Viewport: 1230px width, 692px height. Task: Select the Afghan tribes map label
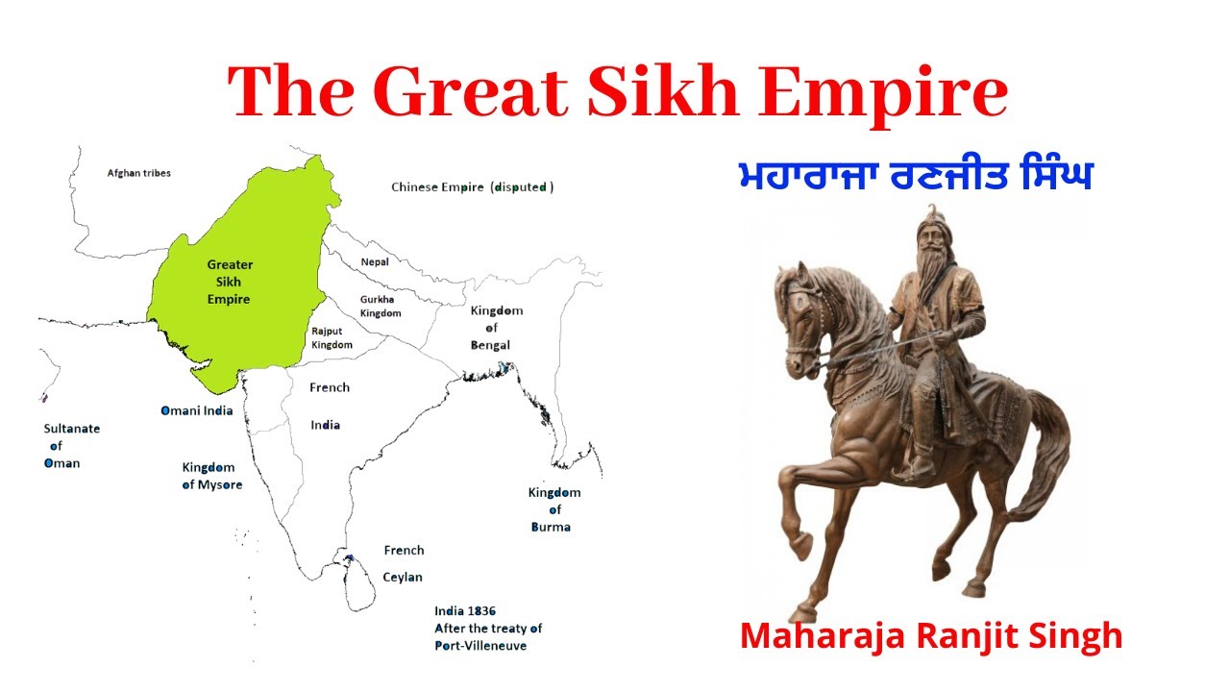(x=138, y=173)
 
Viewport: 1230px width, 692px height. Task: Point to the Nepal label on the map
(x=375, y=261)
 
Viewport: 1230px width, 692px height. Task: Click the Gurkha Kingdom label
(x=381, y=307)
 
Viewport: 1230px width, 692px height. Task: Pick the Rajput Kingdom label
(x=332, y=337)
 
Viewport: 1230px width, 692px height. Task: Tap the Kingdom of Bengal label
(x=496, y=328)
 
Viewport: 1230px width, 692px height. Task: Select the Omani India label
(x=196, y=410)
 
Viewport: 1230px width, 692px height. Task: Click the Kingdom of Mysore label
(x=211, y=476)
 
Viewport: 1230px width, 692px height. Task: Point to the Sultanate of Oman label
(x=70, y=446)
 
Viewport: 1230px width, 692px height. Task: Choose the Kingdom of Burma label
(x=553, y=509)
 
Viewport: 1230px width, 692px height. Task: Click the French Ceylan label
(x=404, y=564)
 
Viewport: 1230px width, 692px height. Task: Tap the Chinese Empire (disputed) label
(x=472, y=187)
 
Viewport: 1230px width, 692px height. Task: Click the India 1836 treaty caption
(x=488, y=628)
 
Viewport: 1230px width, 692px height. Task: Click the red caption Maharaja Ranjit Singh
(x=931, y=635)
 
